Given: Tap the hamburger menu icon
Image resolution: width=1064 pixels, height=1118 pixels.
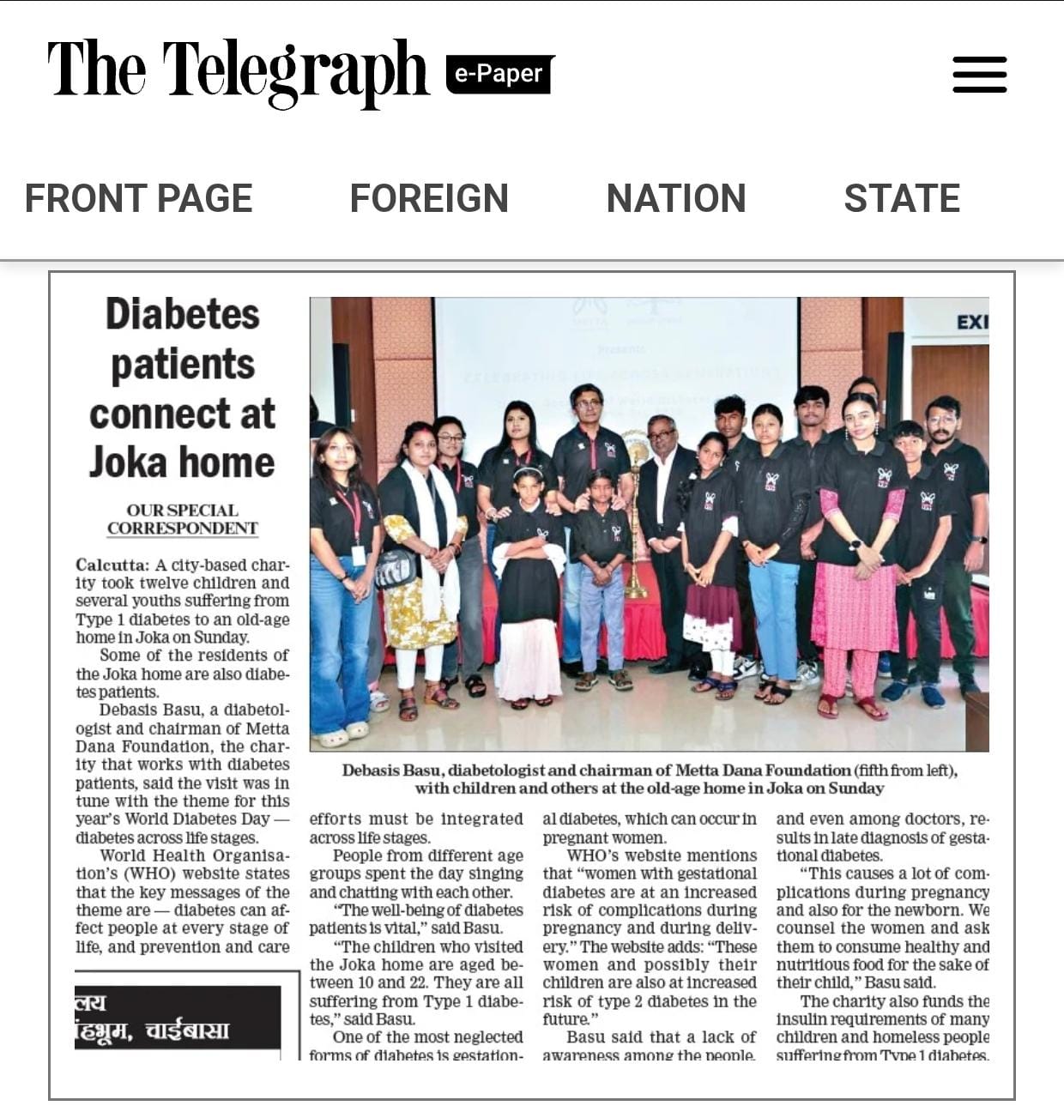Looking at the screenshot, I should coord(979,75).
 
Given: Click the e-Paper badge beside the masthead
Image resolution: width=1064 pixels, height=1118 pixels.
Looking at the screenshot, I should coord(499,74).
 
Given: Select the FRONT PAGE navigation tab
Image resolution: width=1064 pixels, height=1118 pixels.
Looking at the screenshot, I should coord(138,198).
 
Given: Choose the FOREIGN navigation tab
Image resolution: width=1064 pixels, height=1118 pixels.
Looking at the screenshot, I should coord(429,198).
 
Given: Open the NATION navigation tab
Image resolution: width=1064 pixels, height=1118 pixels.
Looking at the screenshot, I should coord(675,198).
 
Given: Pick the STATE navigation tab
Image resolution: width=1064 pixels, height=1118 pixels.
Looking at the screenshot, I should coord(901,198).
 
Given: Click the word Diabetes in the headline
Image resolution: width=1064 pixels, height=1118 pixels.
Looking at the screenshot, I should coord(183,314).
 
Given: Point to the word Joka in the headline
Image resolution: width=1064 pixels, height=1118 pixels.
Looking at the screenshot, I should coord(128,462).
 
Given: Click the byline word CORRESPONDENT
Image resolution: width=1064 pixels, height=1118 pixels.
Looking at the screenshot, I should coord(182,529).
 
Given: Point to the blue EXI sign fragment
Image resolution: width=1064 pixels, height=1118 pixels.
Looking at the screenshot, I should coord(972,322).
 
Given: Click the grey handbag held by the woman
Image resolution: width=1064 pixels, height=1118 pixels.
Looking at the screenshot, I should coord(396,567).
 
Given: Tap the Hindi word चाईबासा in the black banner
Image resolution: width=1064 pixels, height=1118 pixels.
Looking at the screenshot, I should coord(187,1030).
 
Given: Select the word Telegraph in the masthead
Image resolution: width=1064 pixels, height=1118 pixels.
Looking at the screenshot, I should coord(294,70).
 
